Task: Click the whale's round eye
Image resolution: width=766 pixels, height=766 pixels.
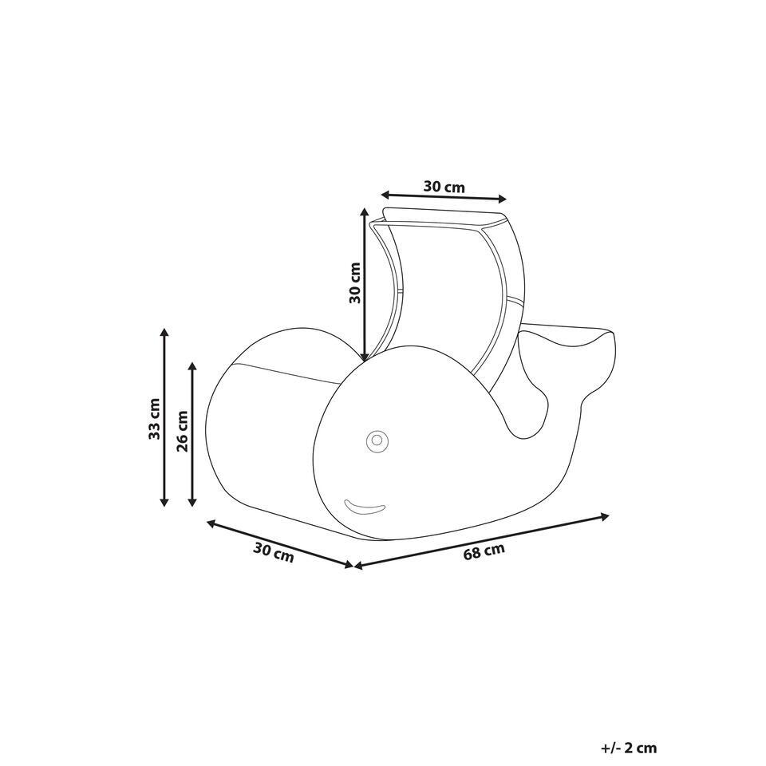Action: tap(377, 441)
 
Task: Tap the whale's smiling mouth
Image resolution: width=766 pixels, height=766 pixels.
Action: tap(365, 507)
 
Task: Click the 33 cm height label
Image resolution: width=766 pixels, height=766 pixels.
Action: tap(154, 419)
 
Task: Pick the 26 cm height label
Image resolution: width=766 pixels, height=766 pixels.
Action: tap(183, 432)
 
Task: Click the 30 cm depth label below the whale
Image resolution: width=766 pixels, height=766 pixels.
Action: tap(274, 553)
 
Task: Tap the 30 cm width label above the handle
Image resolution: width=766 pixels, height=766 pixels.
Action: tap(444, 187)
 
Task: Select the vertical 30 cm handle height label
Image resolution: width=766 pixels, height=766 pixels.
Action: tap(354, 282)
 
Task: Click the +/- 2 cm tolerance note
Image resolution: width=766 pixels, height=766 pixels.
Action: tap(629, 748)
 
